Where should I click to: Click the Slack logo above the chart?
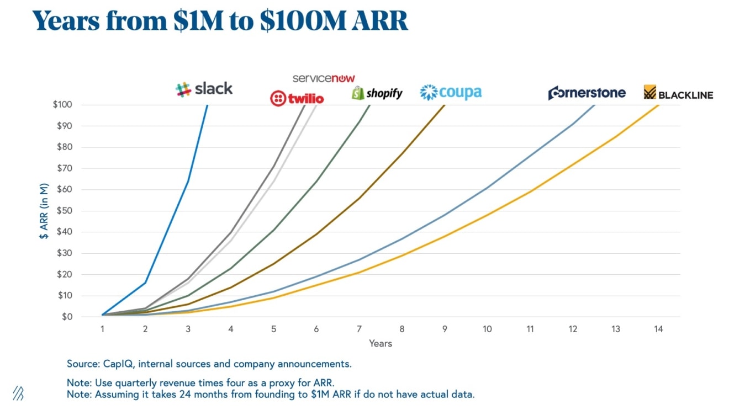coord(204,89)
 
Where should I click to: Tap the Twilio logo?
coord(297,99)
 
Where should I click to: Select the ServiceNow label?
coord(324,78)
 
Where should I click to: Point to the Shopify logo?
coord(377,93)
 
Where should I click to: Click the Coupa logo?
coord(451,92)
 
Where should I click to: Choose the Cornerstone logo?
coord(587,93)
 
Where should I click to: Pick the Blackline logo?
coord(678,93)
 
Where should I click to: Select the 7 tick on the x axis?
coord(359,329)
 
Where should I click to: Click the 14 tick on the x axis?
coord(657,329)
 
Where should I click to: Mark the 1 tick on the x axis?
coord(103,329)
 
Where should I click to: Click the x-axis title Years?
coord(381,344)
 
